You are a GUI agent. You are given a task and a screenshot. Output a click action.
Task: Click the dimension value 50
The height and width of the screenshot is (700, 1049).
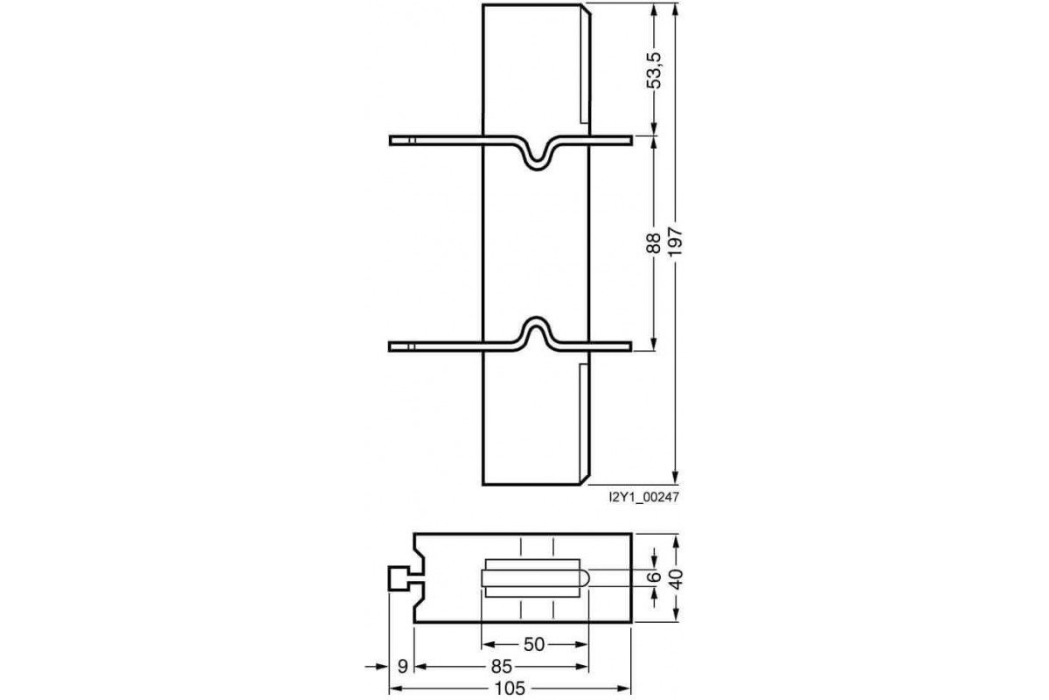click(x=534, y=644)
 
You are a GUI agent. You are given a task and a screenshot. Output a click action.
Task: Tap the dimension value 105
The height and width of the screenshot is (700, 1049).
click(x=508, y=689)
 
